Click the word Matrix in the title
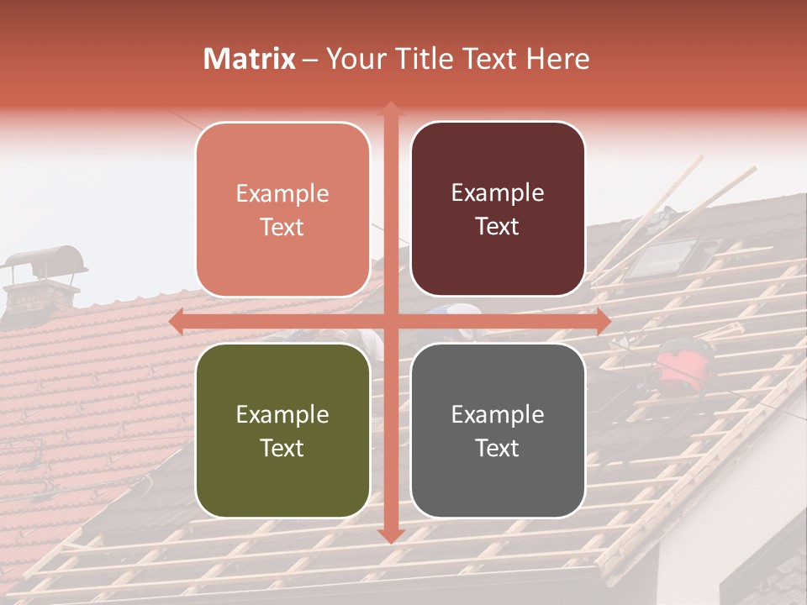[x=250, y=59]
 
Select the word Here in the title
[x=557, y=59]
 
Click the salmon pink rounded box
[x=282, y=209]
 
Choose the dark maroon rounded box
[x=498, y=209]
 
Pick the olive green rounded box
[x=282, y=430]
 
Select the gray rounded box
[x=498, y=430]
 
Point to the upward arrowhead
[x=390, y=108]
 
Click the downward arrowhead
[x=390, y=535]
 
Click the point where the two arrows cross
[x=390, y=322]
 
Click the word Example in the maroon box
[x=498, y=192]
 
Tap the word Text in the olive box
[x=282, y=448]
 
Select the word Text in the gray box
[x=498, y=448]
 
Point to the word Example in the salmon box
[x=282, y=193]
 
